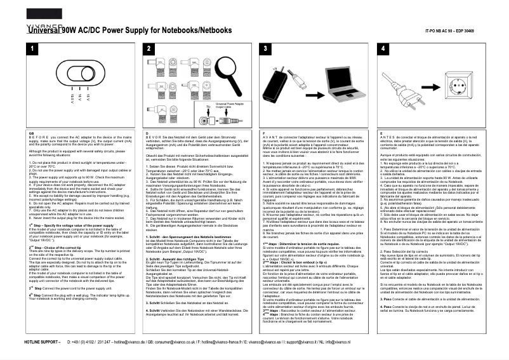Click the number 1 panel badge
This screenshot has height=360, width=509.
pyautogui.click(x=30, y=49)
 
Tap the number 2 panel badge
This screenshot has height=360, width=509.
pyautogui.click(x=148, y=49)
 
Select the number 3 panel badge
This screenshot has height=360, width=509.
pyautogui.click(x=265, y=49)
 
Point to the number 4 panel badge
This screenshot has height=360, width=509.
pyautogui.click(x=383, y=49)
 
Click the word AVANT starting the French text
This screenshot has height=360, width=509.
pyautogui.click(x=272, y=137)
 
